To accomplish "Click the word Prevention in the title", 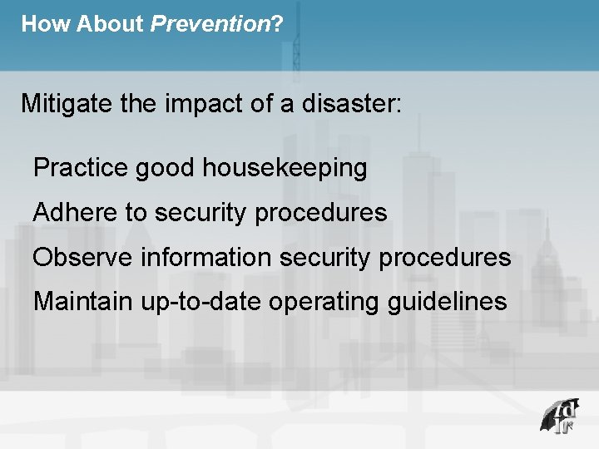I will (x=210, y=24).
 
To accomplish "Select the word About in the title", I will (x=111, y=24).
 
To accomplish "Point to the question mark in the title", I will (x=277, y=24).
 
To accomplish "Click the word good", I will (x=165, y=168).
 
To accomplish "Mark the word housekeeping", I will (x=284, y=168).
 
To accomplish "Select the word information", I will (x=205, y=258).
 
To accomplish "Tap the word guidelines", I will (x=447, y=301).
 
